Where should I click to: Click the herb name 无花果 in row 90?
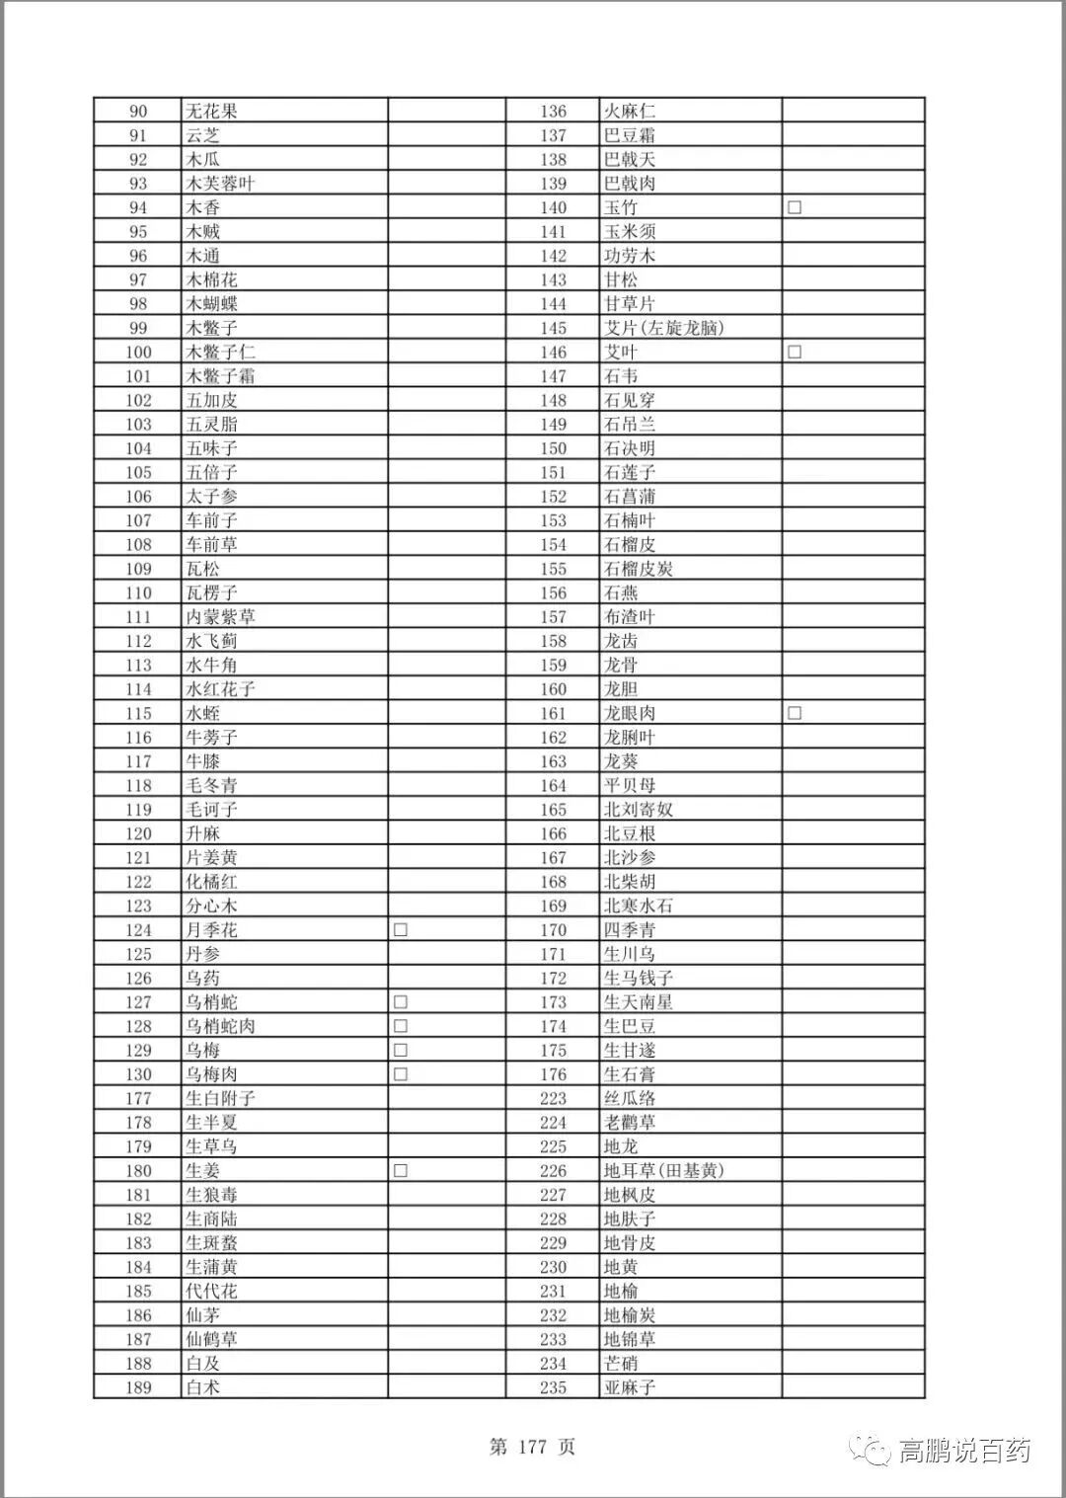[212, 112]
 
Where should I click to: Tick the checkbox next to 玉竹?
[795, 207]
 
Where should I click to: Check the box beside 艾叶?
[795, 352]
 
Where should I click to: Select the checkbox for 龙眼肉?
[795, 713]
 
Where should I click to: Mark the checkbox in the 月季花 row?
[401, 930]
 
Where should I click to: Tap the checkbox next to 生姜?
[401, 1171]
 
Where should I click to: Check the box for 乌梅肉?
[401, 1074]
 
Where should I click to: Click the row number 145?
[553, 328]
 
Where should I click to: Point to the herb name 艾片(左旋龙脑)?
[663, 328]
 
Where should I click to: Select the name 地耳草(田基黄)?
[663, 1171]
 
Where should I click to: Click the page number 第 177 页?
[532, 1448]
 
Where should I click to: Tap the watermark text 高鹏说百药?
[964, 1451]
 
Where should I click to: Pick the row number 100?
[138, 353]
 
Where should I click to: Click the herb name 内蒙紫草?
[221, 617]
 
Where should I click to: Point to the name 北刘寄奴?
[638, 810]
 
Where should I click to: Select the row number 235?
[553, 1387]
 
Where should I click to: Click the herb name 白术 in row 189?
[203, 1387]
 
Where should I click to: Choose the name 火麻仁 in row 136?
[630, 112]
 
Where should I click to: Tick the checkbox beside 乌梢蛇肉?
[401, 1026]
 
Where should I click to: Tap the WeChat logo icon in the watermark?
[873, 1451]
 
